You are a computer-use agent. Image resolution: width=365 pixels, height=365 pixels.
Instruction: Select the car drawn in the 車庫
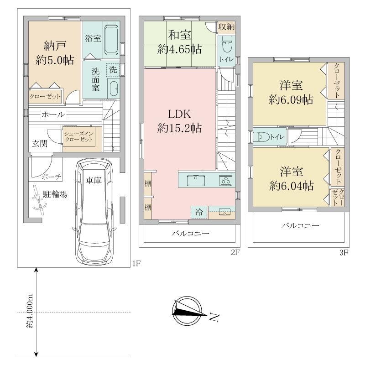(x=94, y=212)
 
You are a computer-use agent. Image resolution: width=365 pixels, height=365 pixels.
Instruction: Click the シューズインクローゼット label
(x=78, y=137)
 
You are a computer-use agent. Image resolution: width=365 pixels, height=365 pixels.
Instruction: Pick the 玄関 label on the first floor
(x=40, y=143)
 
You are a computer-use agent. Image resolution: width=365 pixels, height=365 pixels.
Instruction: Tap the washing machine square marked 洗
(x=113, y=70)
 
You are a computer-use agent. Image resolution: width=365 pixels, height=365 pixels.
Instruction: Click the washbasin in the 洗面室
(x=113, y=88)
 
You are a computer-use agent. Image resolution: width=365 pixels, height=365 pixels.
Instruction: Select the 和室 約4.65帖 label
(x=179, y=42)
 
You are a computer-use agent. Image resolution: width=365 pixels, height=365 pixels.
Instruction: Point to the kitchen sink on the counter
(x=196, y=180)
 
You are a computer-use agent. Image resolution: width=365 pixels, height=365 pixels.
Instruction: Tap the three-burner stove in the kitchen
(x=225, y=180)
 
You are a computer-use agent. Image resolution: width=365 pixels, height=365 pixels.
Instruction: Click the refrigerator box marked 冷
(x=199, y=212)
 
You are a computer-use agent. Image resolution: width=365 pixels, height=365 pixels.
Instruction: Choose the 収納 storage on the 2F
(x=226, y=27)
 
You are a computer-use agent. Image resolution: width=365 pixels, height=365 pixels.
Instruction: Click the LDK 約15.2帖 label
(x=179, y=121)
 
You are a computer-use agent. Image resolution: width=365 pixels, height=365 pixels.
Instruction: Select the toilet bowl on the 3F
(x=261, y=136)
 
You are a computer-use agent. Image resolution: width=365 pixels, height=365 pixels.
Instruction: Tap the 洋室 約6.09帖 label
(x=291, y=93)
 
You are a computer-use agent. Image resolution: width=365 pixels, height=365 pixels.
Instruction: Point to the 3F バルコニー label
(x=300, y=225)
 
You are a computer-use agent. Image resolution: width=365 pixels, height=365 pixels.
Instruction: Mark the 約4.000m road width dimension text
(x=30, y=311)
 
